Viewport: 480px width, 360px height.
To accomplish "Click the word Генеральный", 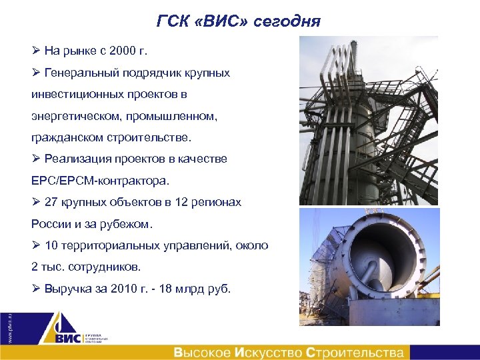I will pyautogui.click(x=79, y=73).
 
